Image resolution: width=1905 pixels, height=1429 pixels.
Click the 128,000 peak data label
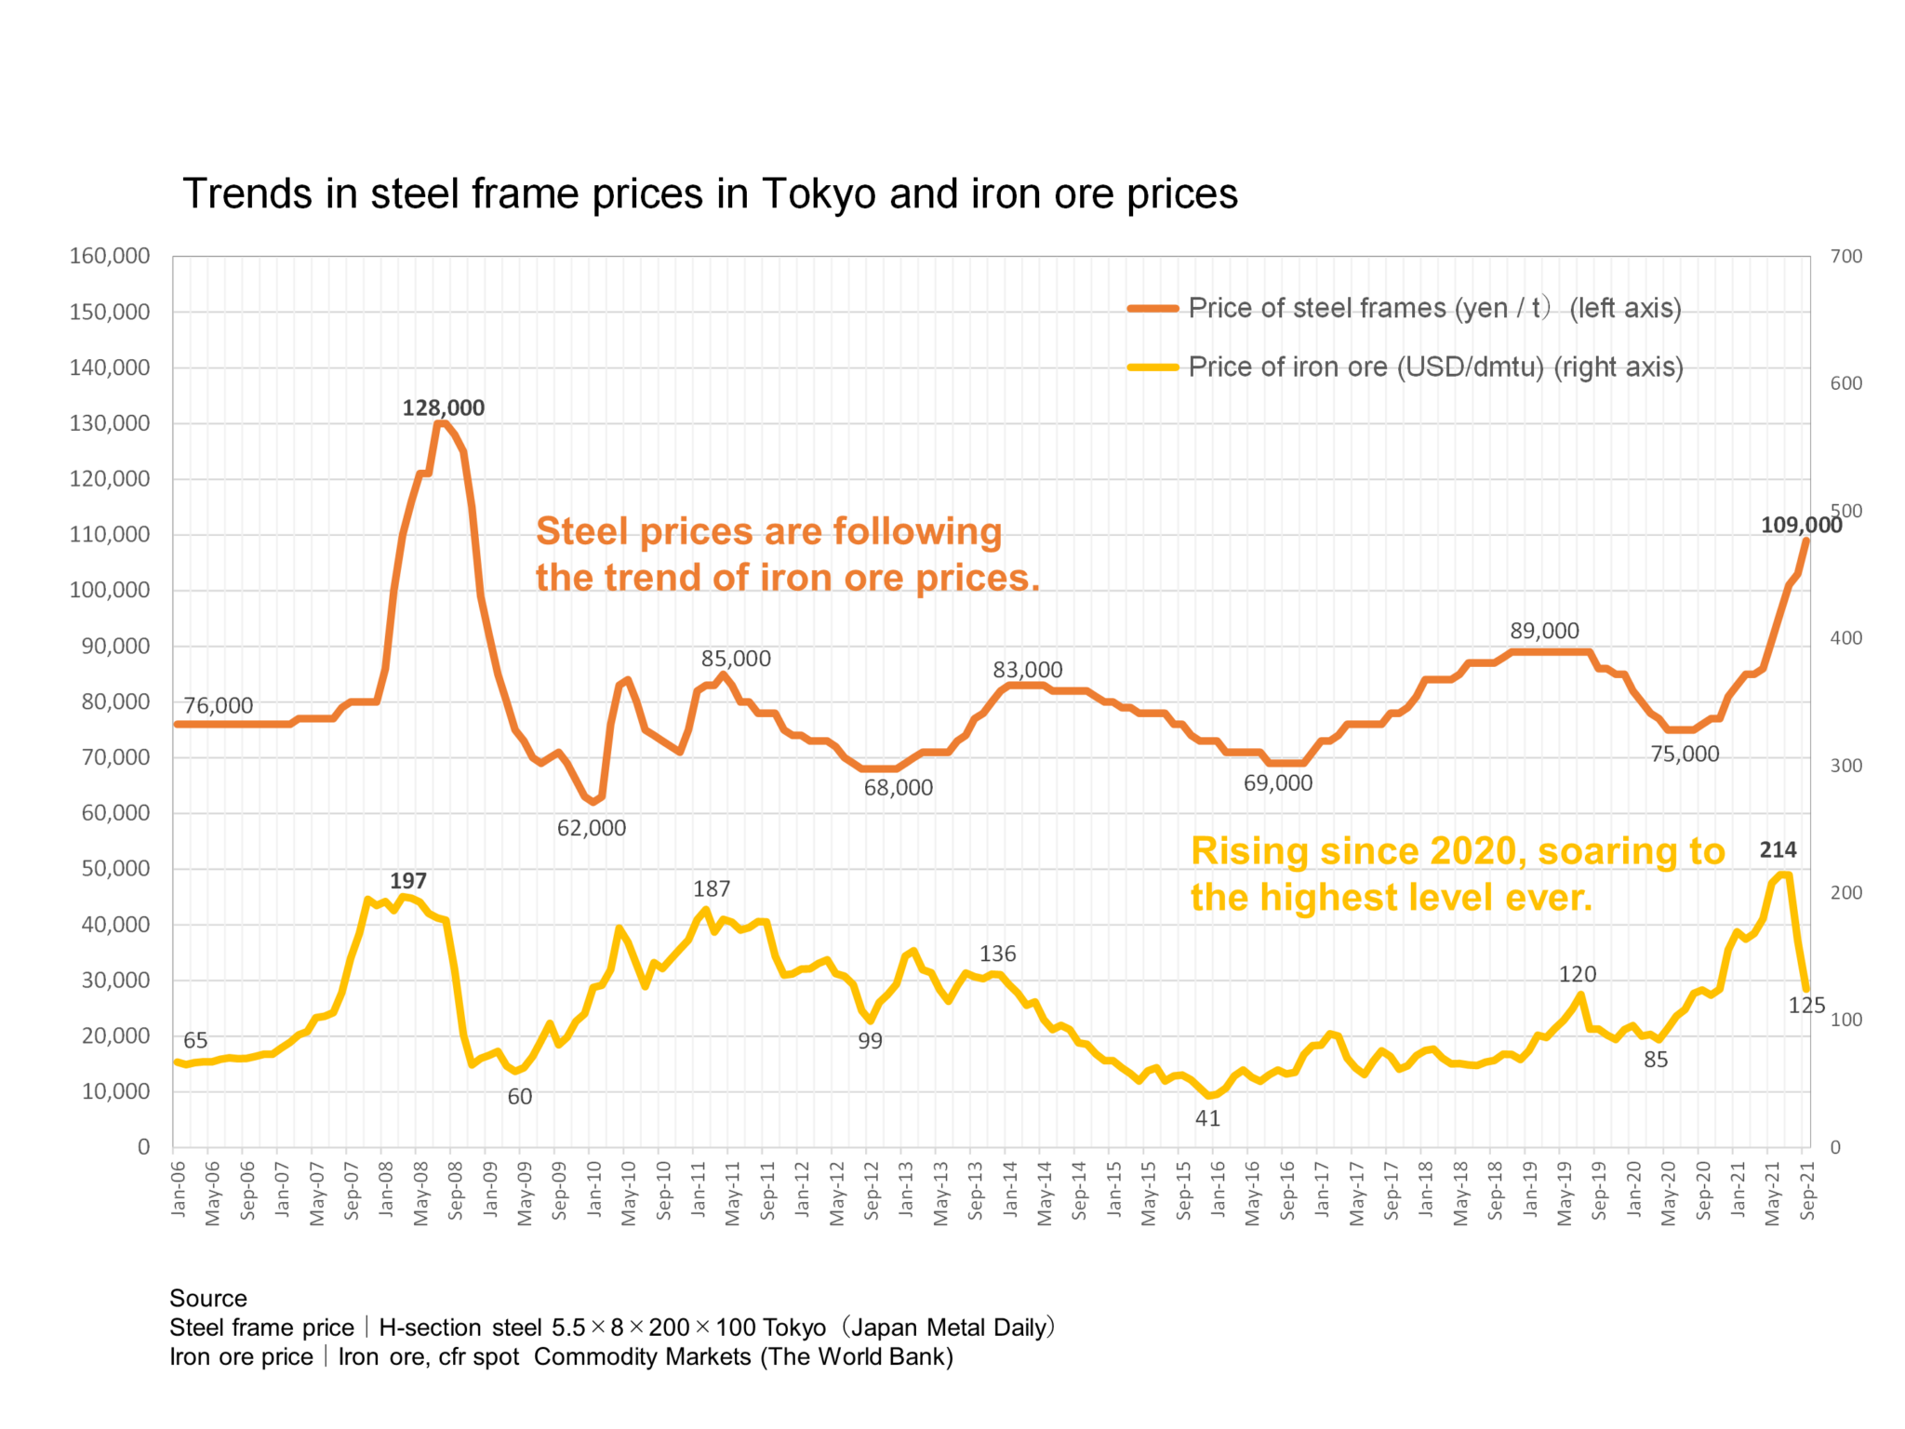pos(443,407)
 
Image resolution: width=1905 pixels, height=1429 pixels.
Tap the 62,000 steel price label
pos(591,827)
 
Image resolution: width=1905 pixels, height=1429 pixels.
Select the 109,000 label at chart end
pos(1800,525)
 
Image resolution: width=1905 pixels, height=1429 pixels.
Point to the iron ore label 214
pos(1777,849)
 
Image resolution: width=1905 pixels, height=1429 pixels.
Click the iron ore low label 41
pos(1206,1118)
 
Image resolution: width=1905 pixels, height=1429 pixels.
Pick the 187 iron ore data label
pos(711,888)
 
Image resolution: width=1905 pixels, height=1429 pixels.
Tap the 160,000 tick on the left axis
pos(110,256)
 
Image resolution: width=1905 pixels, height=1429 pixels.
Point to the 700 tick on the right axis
pos(1845,256)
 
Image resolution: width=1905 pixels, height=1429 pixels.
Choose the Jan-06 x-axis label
pos(179,1189)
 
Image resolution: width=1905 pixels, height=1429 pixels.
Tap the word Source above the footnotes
pos(207,1298)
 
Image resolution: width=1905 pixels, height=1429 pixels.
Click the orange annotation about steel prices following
pos(786,554)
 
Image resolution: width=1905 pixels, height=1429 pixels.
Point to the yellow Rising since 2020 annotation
pos(1457,874)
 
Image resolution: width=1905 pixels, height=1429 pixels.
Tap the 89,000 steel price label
pos(1543,631)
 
